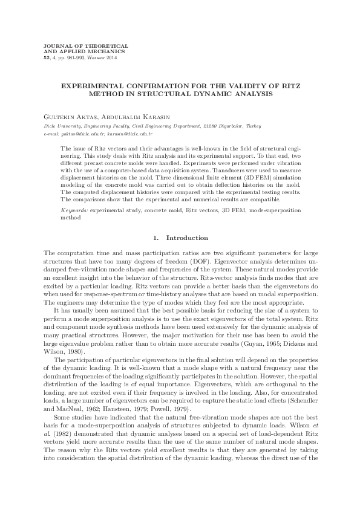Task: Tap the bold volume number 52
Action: pyautogui.click(x=39, y=57)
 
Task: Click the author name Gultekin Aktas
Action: pyautogui.click(x=62, y=115)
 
